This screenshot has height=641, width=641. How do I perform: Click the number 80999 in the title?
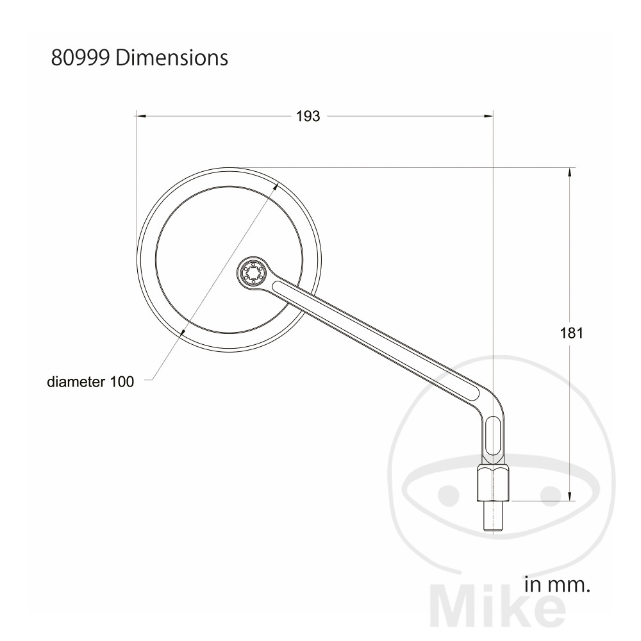pos(80,58)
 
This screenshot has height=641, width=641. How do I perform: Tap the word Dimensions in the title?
pos(172,58)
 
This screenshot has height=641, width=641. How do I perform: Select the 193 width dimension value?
pos(308,117)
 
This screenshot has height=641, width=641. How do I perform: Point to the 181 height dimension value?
pos(571,333)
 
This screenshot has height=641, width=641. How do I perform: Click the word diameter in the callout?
pos(76,382)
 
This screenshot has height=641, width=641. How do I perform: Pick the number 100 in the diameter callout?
pos(122,382)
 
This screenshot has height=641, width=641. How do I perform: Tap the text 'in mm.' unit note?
pos(557,585)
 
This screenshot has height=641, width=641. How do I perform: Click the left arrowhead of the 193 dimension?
pos(140,116)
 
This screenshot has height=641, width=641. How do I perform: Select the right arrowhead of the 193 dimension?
pos(488,116)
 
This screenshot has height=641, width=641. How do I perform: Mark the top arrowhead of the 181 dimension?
pos(570,173)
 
